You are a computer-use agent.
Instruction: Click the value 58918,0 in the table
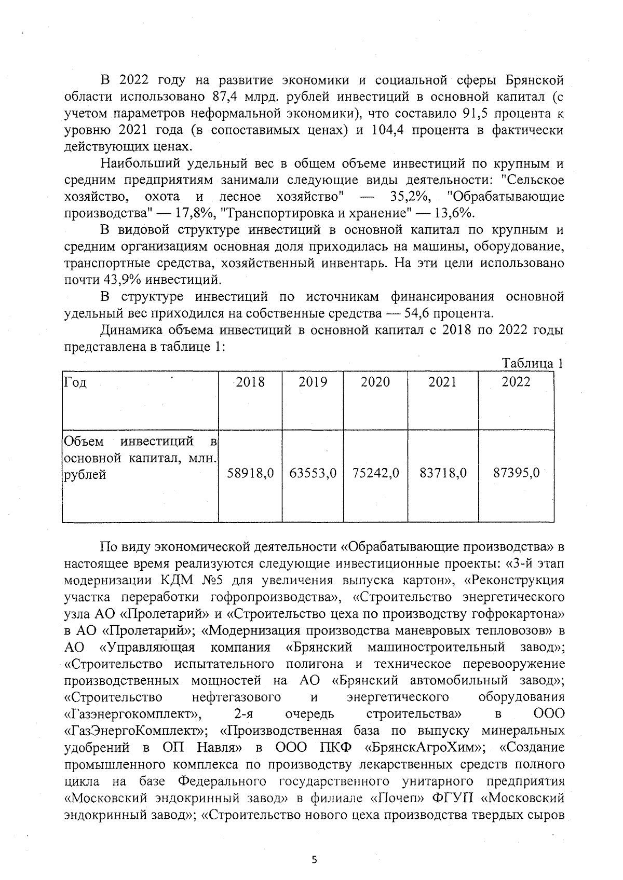coord(251,473)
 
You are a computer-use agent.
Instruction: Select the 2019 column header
coord(313,382)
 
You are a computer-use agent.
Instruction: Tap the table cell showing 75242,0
coord(376,473)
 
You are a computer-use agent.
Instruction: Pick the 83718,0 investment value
coord(443,473)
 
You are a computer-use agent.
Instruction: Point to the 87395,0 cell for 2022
coord(516,473)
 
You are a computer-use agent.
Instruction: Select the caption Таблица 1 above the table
coord(533,364)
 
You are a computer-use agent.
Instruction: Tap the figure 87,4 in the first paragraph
coord(225,97)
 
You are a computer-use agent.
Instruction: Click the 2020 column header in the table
coord(375,382)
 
